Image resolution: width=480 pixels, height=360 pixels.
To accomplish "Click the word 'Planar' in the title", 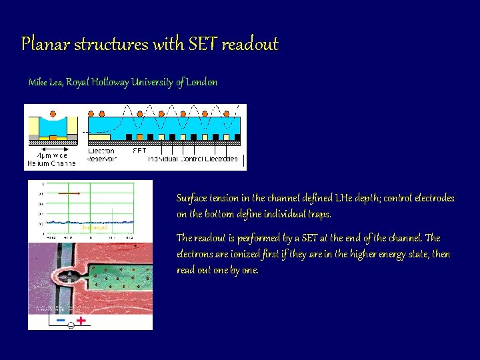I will (x=45, y=45).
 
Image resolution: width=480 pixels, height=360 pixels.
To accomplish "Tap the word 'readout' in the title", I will (x=250, y=45).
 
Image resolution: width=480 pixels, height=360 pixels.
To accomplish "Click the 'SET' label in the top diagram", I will (x=139, y=151).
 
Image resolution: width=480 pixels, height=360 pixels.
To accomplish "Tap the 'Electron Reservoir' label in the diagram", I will (x=102, y=155).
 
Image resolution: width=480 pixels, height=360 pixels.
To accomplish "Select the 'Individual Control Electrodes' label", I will (x=192, y=159).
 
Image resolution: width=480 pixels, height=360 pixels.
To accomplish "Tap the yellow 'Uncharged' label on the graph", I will (x=94, y=227).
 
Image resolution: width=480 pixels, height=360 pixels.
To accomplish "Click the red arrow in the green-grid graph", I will (x=68, y=193).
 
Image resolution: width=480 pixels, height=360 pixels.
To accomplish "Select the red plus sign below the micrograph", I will (x=81, y=320).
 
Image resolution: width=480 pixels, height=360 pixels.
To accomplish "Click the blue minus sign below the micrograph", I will (x=61, y=321).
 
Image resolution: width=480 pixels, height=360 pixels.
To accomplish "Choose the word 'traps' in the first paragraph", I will (x=316, y=214).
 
